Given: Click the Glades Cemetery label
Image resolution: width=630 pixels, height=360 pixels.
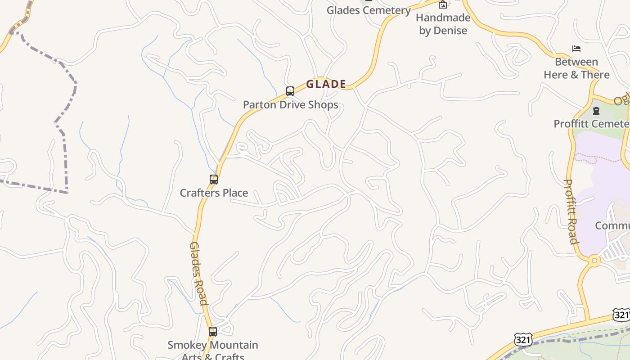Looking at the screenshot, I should pos(368,10).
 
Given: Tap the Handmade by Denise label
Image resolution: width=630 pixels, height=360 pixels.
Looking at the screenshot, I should pos(443,24).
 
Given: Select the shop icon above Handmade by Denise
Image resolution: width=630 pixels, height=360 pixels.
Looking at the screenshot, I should pos(443,5).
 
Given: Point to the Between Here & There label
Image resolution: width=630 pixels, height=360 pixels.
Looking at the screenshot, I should pos(576,68).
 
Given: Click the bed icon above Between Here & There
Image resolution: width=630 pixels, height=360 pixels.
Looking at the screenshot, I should pos(576,49).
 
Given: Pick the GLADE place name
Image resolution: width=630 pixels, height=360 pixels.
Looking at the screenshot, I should pos(326,84).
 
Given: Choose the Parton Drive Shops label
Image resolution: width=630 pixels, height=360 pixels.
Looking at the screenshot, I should pos(290,105).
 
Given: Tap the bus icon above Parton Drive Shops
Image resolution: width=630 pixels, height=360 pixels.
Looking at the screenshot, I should pos(290,91).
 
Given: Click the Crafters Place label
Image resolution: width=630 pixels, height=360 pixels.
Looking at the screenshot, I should pos(214,193).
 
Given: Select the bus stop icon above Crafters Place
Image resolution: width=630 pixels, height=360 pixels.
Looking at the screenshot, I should pos(214,180).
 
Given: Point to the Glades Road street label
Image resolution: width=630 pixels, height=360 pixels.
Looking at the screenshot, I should pos(198,273).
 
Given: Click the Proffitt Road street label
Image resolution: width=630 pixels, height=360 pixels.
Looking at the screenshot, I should pos(571,211).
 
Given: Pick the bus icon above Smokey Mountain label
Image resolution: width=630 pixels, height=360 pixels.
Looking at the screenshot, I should pos(213,332).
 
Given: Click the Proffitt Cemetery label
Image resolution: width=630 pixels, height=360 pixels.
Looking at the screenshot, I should pos(591,124).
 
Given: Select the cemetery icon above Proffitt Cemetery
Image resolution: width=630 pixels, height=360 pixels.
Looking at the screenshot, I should pos(596,111).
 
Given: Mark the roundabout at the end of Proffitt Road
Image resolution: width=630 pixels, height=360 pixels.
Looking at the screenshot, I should pos(594,261).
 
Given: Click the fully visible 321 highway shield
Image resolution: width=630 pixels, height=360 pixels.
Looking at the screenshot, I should pos(523,340).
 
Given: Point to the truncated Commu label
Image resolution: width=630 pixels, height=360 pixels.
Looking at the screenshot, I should pos(612,225).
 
